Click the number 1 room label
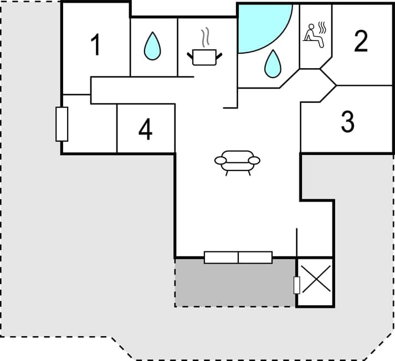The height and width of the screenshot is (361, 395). [96, 45]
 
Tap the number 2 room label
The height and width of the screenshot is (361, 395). [361, 41]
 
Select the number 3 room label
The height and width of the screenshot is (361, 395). [347, 122]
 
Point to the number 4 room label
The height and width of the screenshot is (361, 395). [145, 130]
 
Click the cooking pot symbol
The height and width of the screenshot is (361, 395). [204, 57]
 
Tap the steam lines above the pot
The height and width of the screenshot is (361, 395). [206, 37]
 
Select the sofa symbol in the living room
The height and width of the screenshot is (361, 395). [237, 162]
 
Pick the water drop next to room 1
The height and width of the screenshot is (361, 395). [152, 47]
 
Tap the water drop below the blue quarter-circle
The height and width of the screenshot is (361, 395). [272, 64]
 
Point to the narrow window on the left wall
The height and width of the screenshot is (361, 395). [62, 124]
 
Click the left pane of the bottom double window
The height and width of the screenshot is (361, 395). [221, 257]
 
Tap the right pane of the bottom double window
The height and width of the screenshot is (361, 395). [255, 257]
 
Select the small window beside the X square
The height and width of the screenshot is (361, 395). [296, 285]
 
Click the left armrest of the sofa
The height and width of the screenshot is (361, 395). [220, 161]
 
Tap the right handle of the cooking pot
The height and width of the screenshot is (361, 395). [219, 55]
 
